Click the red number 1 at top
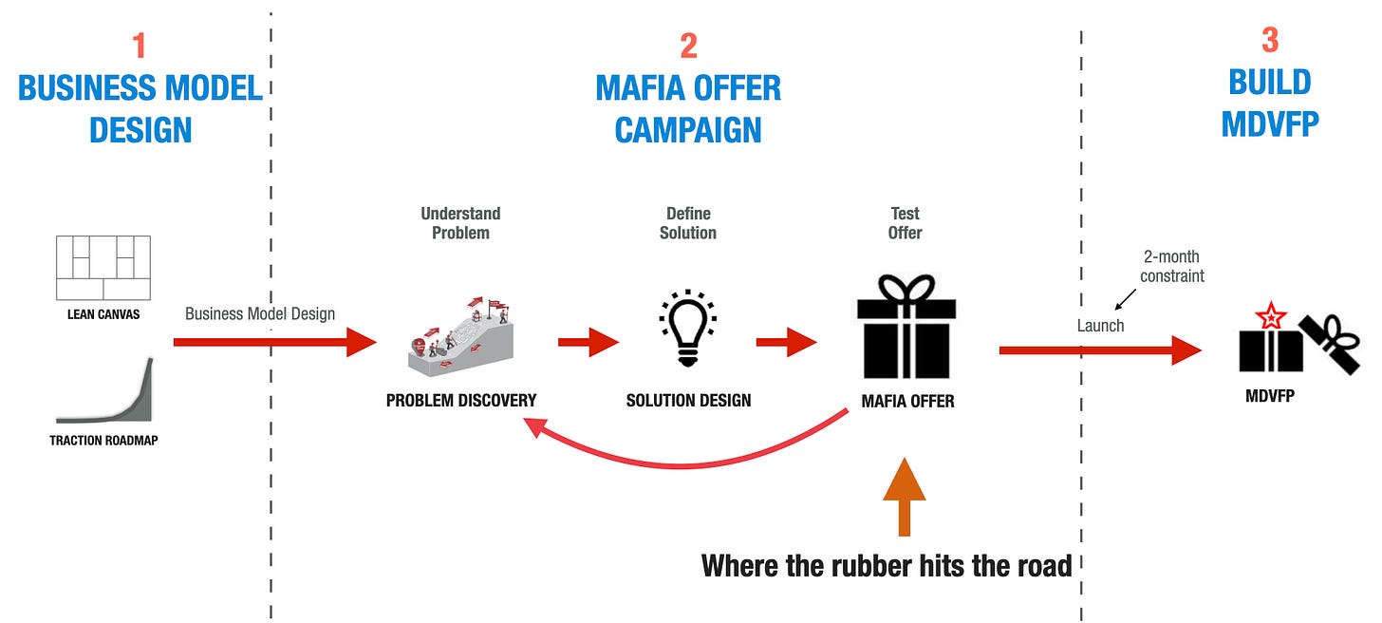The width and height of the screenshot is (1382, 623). point(140,46)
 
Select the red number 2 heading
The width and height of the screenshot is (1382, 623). point(688,46)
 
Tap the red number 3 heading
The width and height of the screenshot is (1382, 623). point(1269,40)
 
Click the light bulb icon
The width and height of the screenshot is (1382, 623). point(687,327)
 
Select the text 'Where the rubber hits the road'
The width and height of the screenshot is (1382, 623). point(887,566)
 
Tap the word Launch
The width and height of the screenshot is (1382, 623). point(1100,326)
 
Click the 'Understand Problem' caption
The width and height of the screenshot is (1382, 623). point(460,223)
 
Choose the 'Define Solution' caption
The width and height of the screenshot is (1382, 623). point(688,223)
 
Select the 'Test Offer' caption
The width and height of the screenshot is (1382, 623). point(905,223)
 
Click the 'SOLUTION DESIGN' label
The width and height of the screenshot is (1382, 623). point(688,401)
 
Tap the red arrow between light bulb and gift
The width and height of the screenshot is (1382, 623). point(786,342)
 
